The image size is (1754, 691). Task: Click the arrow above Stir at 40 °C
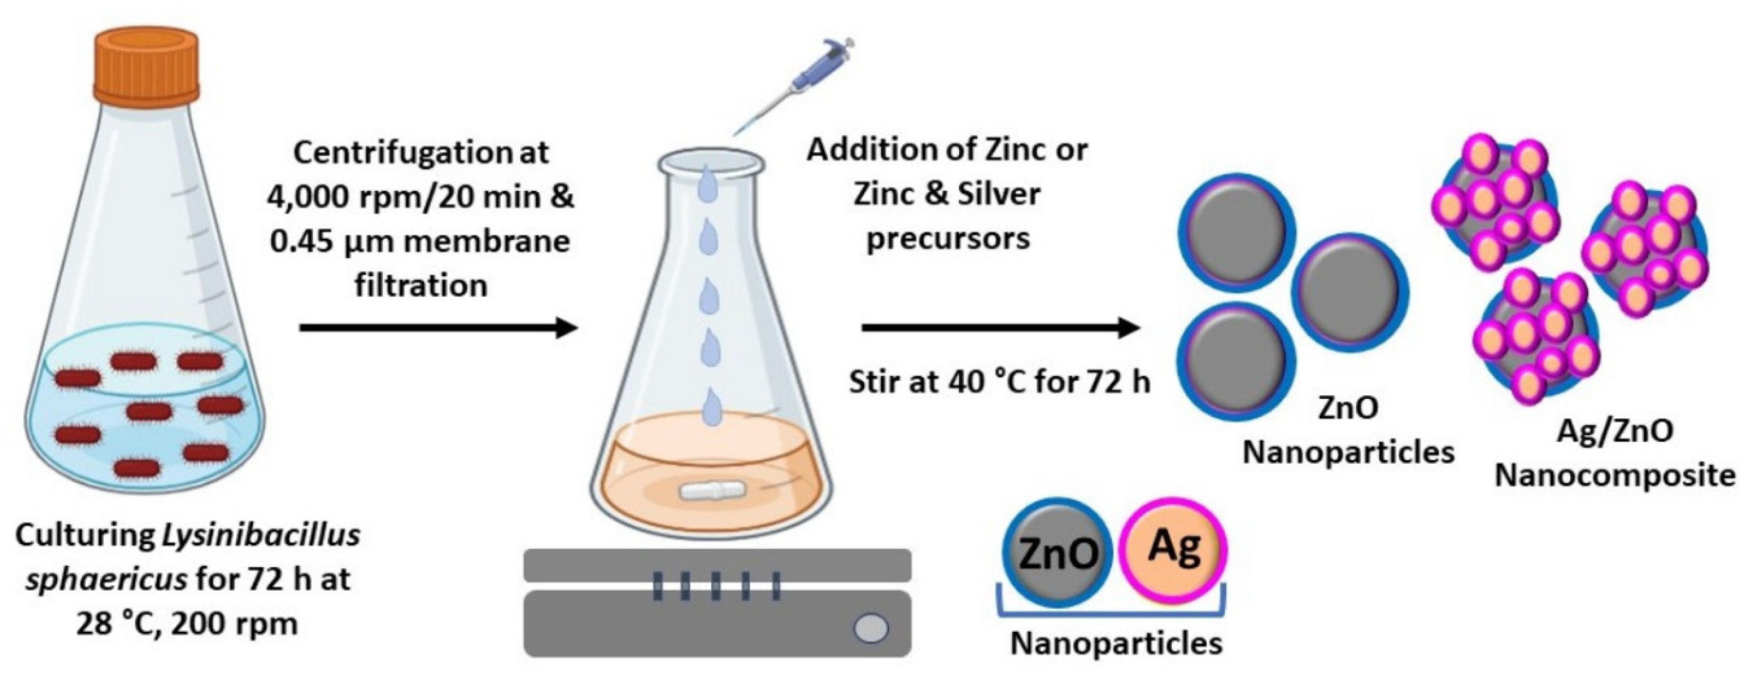[x=1000, y=328]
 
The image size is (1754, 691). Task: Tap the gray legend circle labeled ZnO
[x=1057, y=552]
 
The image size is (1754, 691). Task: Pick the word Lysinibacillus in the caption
[x=261, y=536]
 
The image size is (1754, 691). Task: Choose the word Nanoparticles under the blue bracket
[x=1116, y=643]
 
